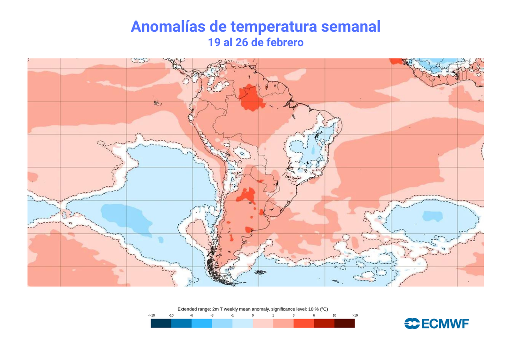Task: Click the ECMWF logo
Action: click(436, 324)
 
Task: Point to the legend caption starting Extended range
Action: click(252, 309)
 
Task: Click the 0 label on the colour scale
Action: click(253, 316)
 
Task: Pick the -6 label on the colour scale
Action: click(191, 316)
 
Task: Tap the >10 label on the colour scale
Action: click(355, 316)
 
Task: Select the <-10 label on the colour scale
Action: click(151, 316)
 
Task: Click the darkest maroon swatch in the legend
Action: click(345, 324)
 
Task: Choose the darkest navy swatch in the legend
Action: click(161, 324)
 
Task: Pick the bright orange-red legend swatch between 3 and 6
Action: click(304, 324)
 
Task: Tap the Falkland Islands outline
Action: click(260, 273)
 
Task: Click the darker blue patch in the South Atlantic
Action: click(432, 216)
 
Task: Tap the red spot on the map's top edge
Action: click(396, 61)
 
